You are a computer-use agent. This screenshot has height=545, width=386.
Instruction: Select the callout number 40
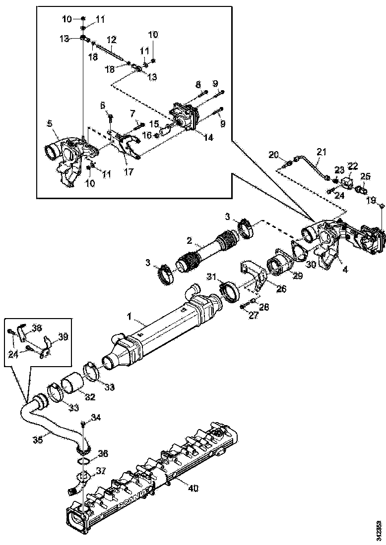tap(193, 488)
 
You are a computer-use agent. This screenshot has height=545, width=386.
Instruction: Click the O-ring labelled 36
tap(85, 461)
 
